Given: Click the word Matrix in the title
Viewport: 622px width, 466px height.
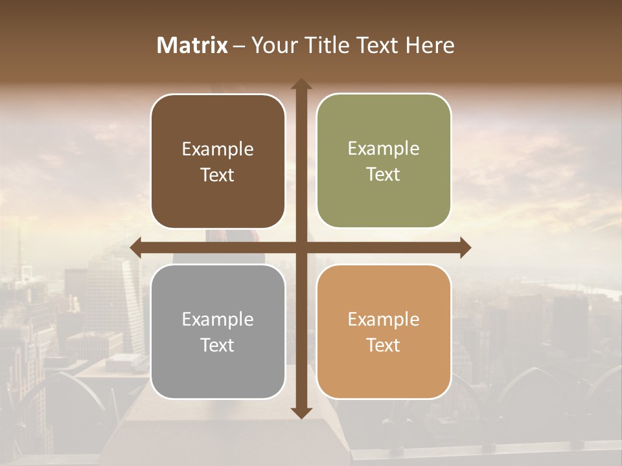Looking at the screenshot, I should click(192, 45).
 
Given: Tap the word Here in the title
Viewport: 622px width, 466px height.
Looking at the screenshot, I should click(430, 45).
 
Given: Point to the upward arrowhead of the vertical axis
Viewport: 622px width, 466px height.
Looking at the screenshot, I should click(301, 83).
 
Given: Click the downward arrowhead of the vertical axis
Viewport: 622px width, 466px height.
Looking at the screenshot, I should click(301, 413).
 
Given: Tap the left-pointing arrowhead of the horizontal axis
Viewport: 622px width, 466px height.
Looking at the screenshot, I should click(135, 248).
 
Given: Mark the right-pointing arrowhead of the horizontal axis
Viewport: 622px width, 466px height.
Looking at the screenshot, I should click(465, 248).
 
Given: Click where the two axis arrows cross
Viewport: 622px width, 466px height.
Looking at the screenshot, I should click(301, 248).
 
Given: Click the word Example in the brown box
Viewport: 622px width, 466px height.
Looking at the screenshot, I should click(218, 150).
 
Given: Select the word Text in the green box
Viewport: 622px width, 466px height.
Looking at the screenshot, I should click(384, 175).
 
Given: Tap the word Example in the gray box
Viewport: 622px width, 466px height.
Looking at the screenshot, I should click(218, 320).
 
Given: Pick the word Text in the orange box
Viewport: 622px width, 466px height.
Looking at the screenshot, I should click(384, 345).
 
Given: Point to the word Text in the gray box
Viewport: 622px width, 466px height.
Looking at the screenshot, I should click(218, 345).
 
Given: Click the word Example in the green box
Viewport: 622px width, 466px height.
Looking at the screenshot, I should click(384, 149).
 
